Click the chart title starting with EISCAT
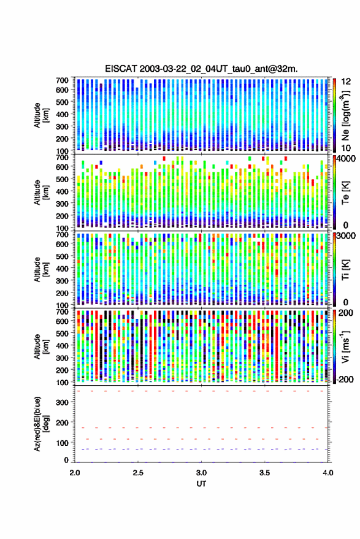202,69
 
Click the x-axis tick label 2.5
138,473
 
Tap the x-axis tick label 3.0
202,473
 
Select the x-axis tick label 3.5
265,473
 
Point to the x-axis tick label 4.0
328,473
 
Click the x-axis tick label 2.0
75,473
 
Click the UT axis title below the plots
202,484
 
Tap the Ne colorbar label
345,115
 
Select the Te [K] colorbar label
345,193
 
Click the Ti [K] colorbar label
345,270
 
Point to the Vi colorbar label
345,346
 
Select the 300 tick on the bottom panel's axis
62,402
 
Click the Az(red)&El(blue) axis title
41,424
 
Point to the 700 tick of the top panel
62,80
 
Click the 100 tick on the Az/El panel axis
62,443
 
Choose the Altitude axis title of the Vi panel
41,346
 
